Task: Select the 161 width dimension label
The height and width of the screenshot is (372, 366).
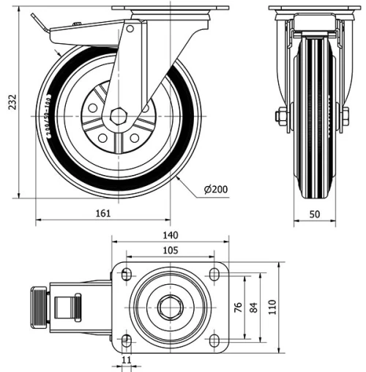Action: pos(103,213)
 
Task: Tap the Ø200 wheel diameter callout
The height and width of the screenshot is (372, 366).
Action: pos(216,190)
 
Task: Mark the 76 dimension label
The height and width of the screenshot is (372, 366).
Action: pos(236,308)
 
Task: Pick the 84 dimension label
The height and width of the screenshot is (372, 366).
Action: pos(254,308)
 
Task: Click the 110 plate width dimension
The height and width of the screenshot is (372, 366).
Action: pos(273,308)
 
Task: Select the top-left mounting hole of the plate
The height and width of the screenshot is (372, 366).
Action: pos(125,275)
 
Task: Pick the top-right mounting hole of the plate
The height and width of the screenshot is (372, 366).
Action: pos(214,275)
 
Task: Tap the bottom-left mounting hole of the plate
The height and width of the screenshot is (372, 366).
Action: pos(125,341)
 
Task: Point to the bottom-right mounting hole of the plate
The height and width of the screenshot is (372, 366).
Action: pos(214,341)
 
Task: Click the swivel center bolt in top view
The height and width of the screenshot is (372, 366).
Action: pos(169,308)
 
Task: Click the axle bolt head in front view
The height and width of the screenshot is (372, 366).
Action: pos(280,116)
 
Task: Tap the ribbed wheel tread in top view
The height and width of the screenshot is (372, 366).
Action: pos(41,307)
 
